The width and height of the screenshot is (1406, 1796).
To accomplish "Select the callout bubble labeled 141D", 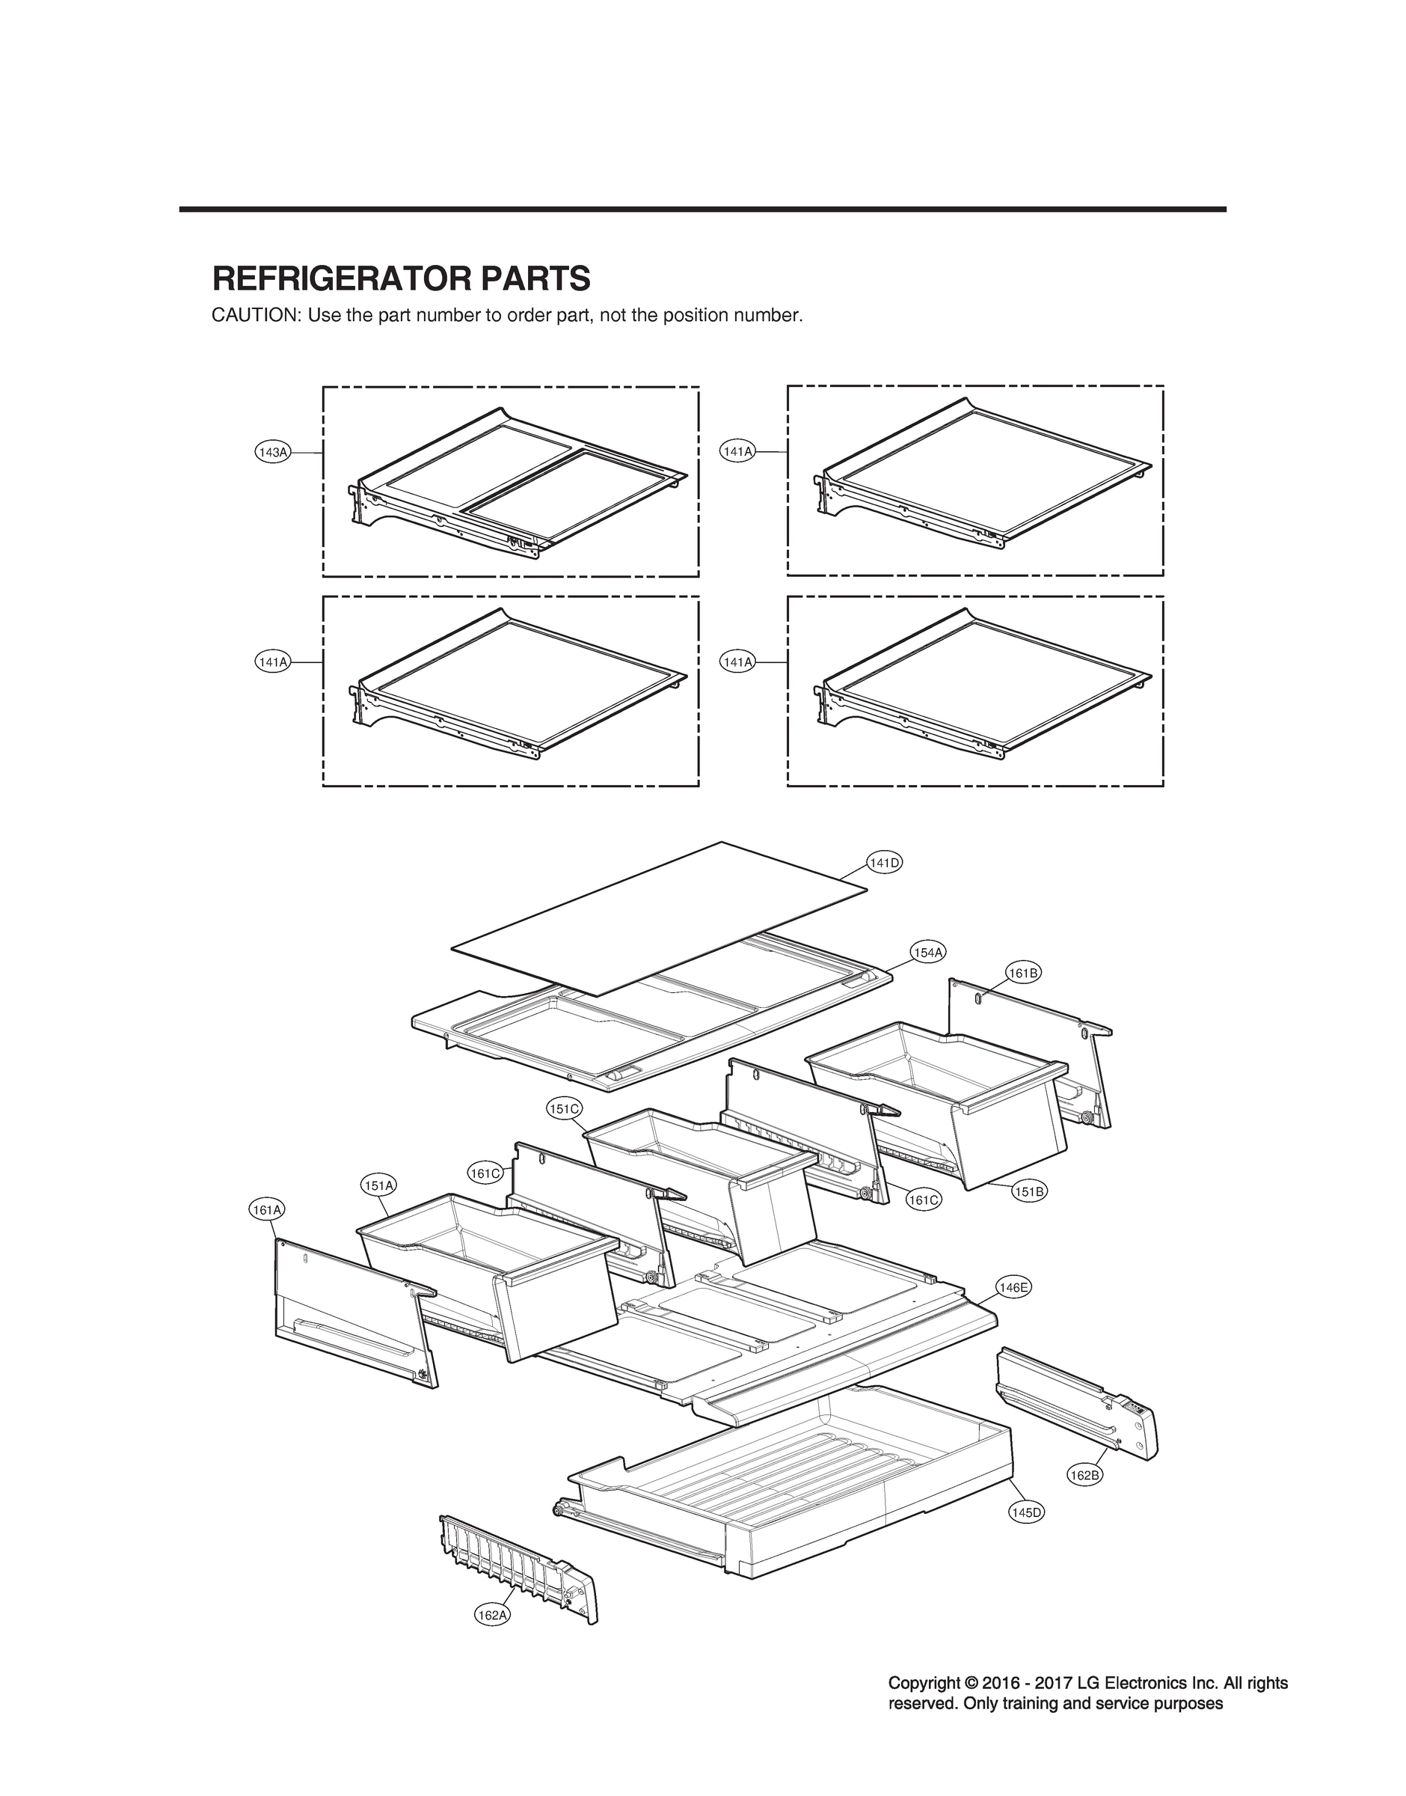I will point(884,862).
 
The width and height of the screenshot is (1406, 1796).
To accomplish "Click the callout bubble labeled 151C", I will point(565,1108).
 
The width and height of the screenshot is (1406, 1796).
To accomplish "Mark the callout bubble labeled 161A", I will point(267,1210).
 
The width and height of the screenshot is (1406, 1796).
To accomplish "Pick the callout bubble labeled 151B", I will point(1029,1191).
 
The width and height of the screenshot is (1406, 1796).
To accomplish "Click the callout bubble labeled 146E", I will point(1013,1286).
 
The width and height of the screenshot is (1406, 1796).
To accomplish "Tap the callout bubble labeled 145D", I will point(1025,1512).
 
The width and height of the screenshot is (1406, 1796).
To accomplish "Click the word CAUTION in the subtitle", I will point(254,315).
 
